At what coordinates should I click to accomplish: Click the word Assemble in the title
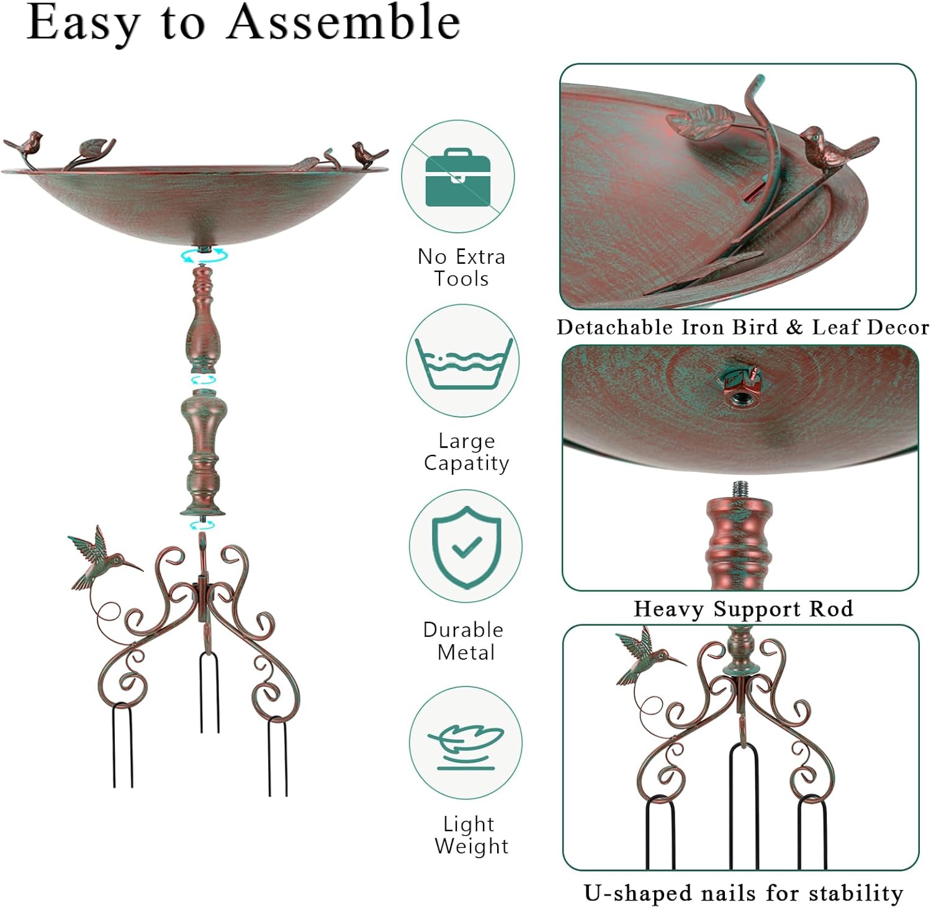point(344,22)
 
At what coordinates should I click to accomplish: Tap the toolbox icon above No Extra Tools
point(457,178)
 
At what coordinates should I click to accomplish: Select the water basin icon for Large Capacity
point(463,363)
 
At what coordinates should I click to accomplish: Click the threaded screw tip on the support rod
point(739,489)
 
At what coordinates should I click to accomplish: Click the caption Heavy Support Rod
point(743,609)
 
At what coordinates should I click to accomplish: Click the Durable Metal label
point(464,641)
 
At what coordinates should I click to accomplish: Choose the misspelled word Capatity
point(466,463)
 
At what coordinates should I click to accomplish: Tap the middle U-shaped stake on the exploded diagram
point(209,689)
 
